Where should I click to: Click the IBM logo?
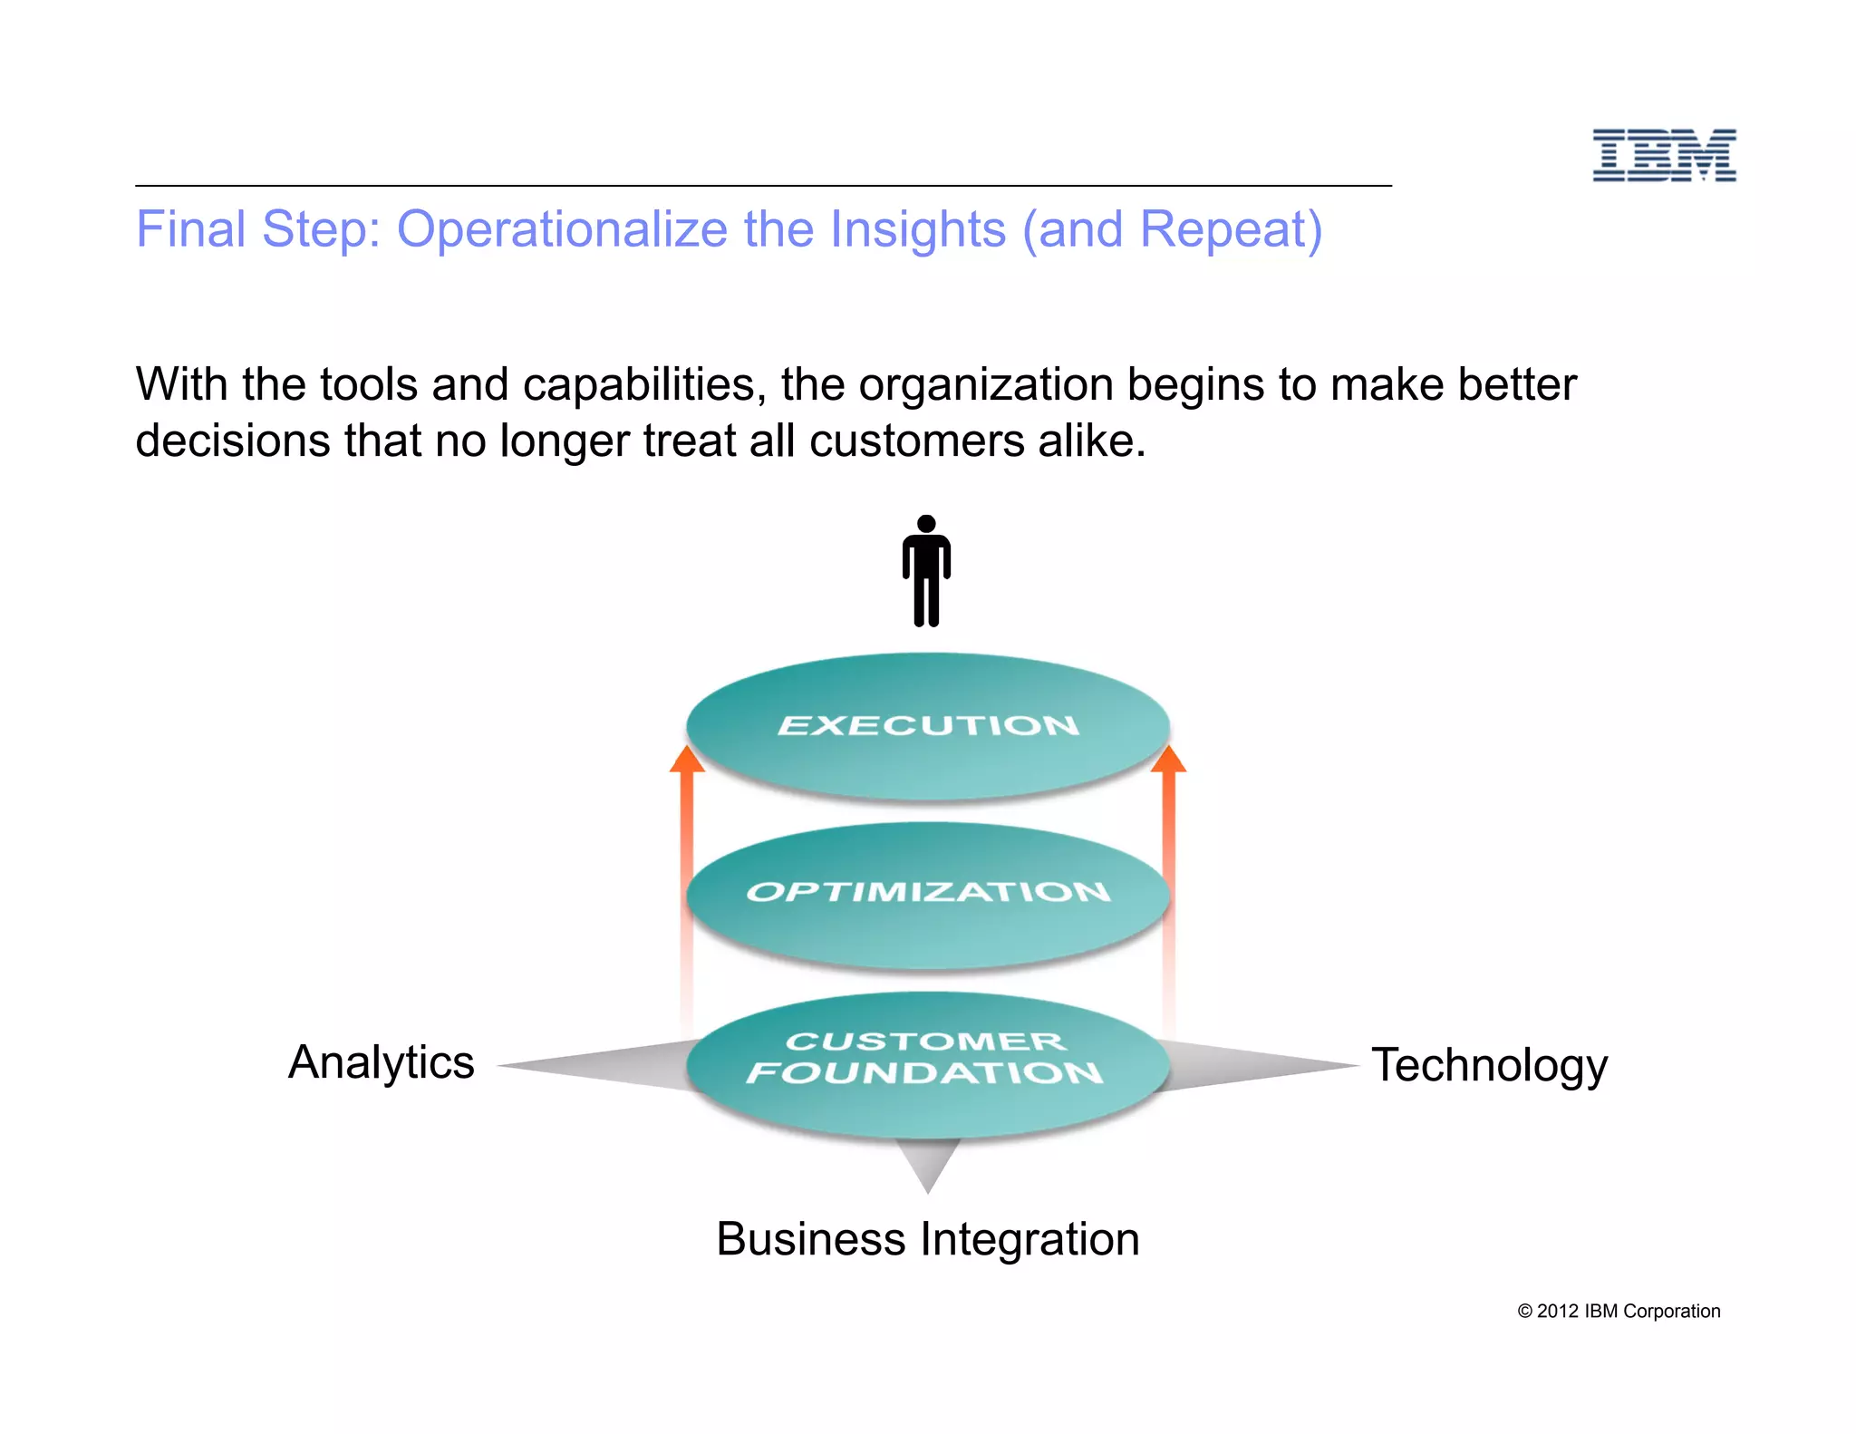tap(1664, 155)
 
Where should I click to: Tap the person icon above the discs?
tap(926, 571)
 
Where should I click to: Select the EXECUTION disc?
tap(928, 726)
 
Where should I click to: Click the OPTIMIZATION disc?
tap(928, 894)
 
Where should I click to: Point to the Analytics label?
tap(382, 1062)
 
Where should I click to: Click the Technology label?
tap(1489, 1065)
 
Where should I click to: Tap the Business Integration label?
tap(927, 1239)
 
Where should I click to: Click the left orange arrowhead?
tap(687, 760)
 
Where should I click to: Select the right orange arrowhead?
tap(1168, 760)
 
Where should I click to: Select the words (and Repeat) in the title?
tap(1172, 229)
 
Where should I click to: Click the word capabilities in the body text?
tap(639, 384)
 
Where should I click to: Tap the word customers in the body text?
tap(916, 441)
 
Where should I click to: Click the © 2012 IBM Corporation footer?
tap(1619, 1312)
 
